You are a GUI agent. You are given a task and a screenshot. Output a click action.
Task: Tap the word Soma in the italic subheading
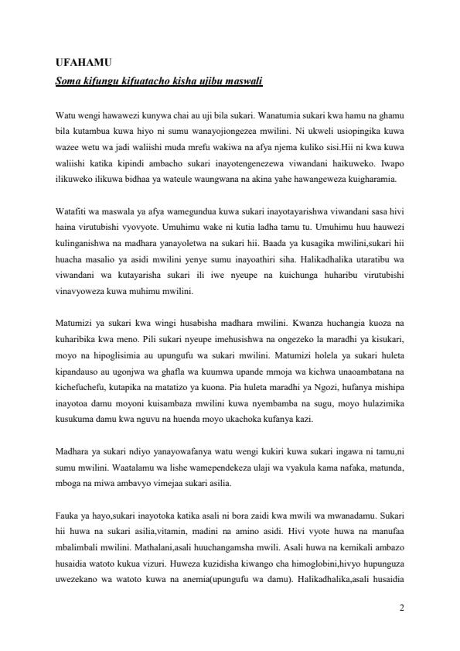pyautogui.click(x=71, y=80)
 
